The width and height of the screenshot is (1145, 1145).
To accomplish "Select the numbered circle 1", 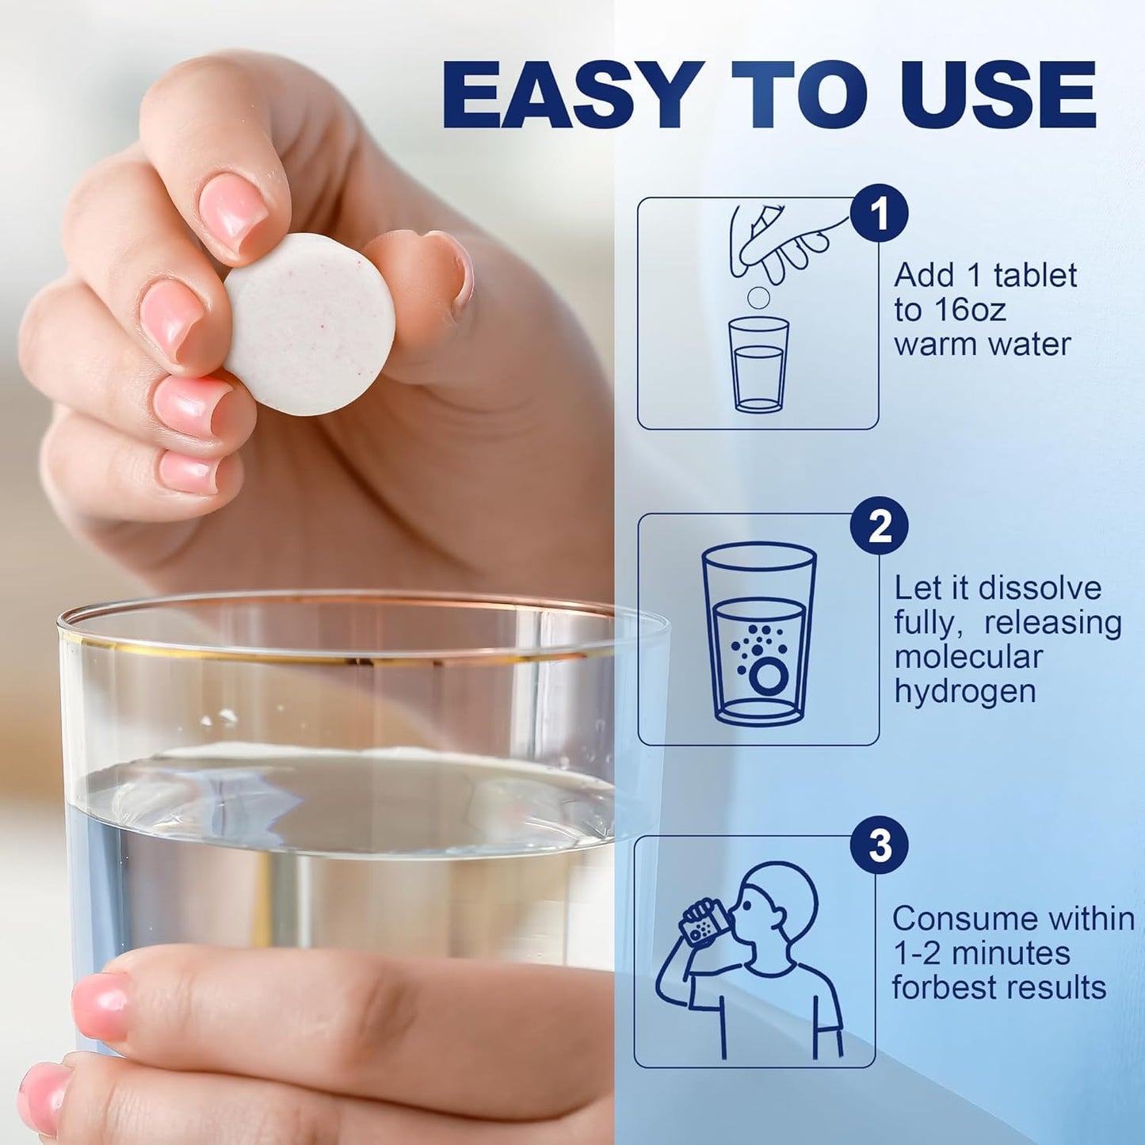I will tap(879, 214).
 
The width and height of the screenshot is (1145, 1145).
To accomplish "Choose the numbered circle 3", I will tap(879, 845).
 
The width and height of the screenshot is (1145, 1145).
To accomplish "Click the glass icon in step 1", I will tap(758, 364).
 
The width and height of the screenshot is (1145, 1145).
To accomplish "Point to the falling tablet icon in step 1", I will tap(758, 298).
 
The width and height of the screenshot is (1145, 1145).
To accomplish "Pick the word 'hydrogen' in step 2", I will tap(965, 692).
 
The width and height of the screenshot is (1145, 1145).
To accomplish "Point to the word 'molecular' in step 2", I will tap(968, 657).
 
